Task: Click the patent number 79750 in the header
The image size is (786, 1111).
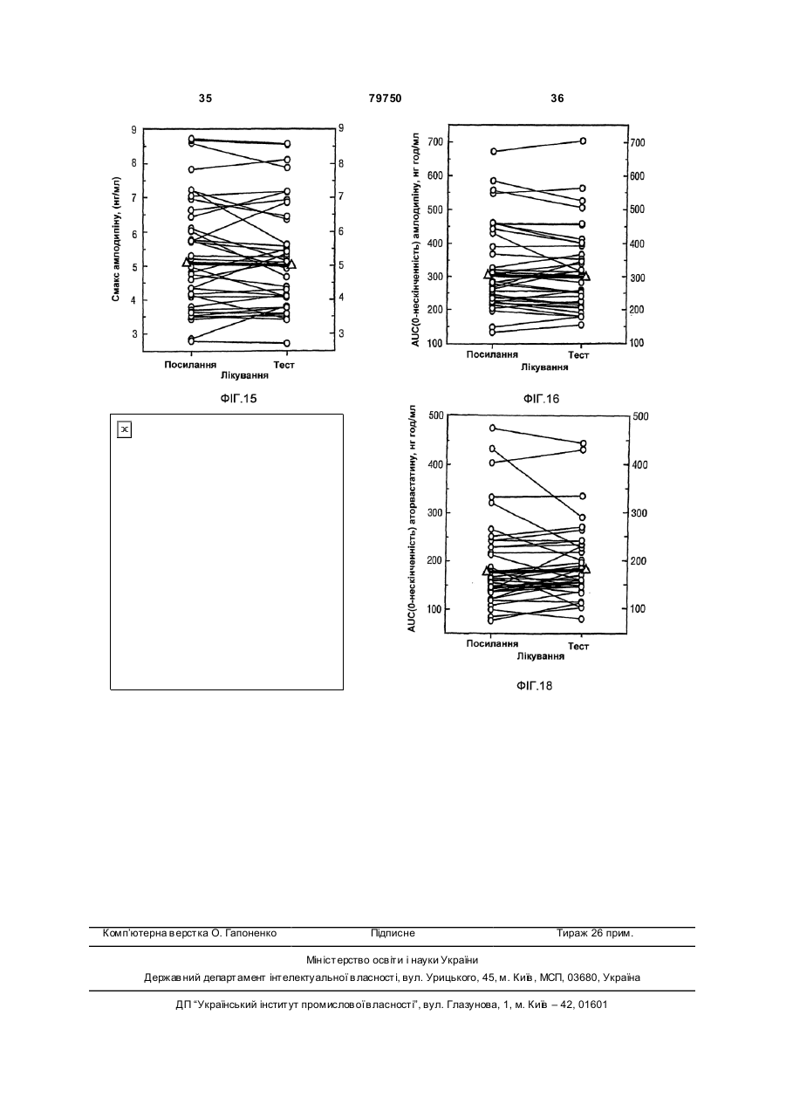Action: click(385, 99)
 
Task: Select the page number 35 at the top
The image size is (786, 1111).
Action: click(205, 99)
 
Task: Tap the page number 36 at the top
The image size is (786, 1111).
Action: click(557, 99)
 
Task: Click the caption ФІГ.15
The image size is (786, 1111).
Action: click(238, 399)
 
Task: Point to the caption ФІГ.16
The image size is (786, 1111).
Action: click(541, 399)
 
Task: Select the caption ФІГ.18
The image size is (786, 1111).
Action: click(534, 686)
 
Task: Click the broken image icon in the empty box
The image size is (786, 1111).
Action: click(125, 429)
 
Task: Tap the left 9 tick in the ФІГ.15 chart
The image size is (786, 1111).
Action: click(133, 130)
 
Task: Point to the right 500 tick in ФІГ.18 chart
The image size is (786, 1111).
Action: click(639, 416)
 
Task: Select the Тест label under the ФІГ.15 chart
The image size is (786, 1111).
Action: click(284, 365)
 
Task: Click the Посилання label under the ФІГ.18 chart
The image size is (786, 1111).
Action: click(492, 644)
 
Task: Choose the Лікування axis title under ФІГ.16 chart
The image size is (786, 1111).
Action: click(544, 367)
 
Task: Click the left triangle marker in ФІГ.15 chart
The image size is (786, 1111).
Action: click(188, 261)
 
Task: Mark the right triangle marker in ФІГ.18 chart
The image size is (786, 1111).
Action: click(585, 568)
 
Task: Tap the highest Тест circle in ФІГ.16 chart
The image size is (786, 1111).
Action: click(584, 141)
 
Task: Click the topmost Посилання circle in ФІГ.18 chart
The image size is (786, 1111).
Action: click(492, 428)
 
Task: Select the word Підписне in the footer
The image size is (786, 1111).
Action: click(393, 934)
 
